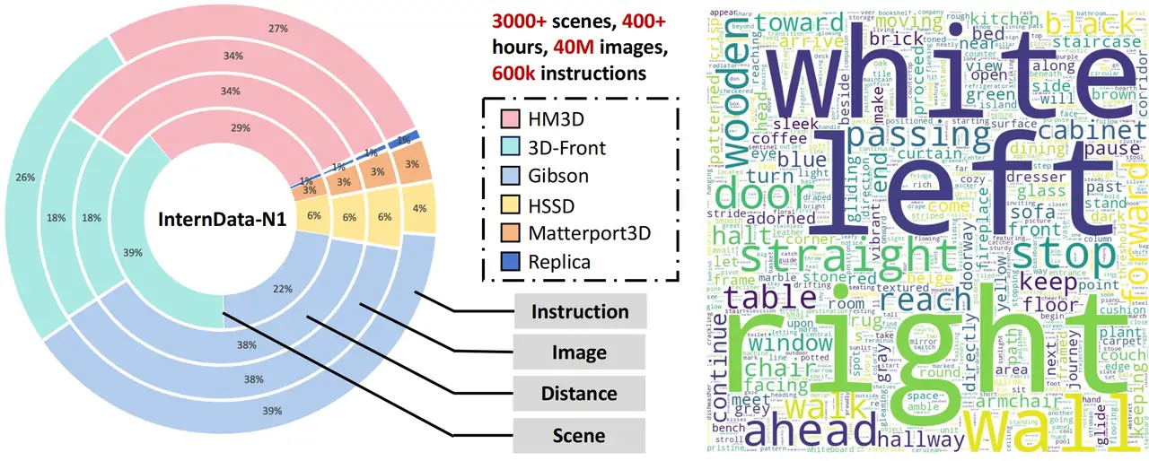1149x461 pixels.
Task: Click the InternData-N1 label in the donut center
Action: [223, 219]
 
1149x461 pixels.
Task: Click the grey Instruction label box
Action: [580, 312]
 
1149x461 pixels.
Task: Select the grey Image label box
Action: [580, 352]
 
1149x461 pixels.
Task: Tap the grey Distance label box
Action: [580, 394]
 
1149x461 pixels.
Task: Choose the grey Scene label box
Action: [580, 435]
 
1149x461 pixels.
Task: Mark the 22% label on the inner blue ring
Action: [282, 288]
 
